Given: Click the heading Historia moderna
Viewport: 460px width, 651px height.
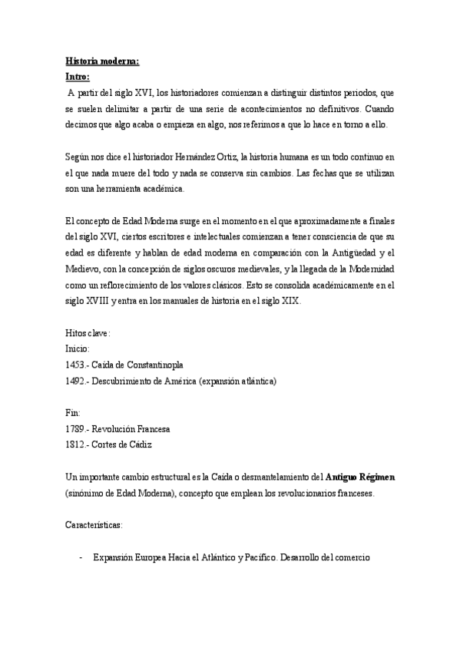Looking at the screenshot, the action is [x=102, y=62].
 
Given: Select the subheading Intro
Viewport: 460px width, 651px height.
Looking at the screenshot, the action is [x=78, y=77].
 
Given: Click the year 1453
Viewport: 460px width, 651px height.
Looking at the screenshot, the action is [x=76, y=364].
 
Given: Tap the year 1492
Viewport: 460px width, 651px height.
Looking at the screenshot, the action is [x=76, y=381].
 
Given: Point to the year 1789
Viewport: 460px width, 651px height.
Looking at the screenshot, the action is [x=76, y=428].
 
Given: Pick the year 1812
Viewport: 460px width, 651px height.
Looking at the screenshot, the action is [x=76, y=444].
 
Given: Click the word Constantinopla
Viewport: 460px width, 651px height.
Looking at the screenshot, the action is [x=157, y=364].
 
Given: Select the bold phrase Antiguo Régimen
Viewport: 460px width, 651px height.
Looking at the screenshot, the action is [x=360, y=477].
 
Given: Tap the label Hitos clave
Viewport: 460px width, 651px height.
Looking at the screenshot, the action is [x=88, y=332].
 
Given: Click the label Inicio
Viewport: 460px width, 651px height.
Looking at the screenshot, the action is [x=78, y=348].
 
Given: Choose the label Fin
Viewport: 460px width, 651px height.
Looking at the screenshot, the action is [x=73, y=412].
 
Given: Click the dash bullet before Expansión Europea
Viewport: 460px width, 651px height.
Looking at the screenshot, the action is [x=81, y=557].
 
